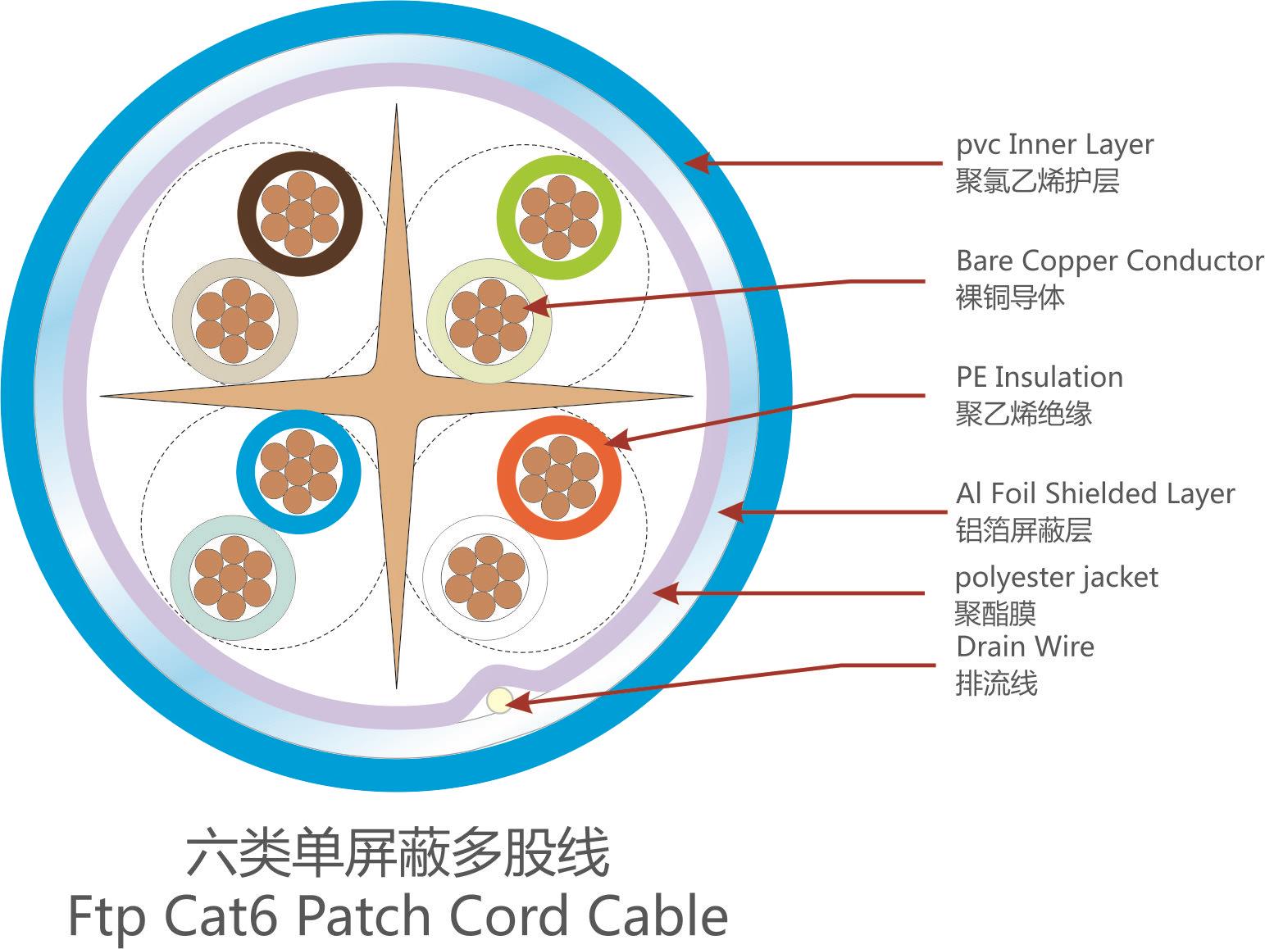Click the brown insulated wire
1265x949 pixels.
[301, 213]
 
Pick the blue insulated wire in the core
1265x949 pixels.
[298, 471]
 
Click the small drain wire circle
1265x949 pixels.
[499, 701]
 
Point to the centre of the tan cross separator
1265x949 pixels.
[397, 397]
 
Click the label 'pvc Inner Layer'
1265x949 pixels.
[1054, 145]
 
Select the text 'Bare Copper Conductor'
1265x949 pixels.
[1109, 261]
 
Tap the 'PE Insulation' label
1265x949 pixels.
[1039, 378]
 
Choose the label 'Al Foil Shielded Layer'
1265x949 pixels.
[1094, 494]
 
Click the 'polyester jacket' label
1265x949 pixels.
[1056, 578]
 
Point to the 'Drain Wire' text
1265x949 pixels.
[1024, 647]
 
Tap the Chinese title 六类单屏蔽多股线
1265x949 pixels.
[398, 854]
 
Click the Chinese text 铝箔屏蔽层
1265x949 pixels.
[1023, 530]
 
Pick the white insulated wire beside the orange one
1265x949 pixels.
[485, 578]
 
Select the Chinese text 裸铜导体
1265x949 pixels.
[1009, 297]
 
